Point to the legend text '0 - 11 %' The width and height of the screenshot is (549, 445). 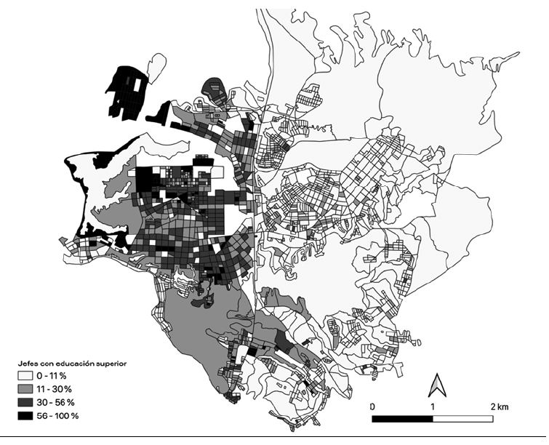pyautogui.click(x=55, y=376)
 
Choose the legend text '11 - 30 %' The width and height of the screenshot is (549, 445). pyautogui.click(x=57, y=389)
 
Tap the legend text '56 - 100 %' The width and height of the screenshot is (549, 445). pyautogui.click(x=60, y=415)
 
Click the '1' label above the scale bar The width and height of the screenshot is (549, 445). pyautogui.click(x=433, y=405)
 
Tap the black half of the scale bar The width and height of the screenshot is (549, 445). pyautogui.click(x=403, y=419)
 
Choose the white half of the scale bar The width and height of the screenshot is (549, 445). pyautogui.click(x=464, y=419)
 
